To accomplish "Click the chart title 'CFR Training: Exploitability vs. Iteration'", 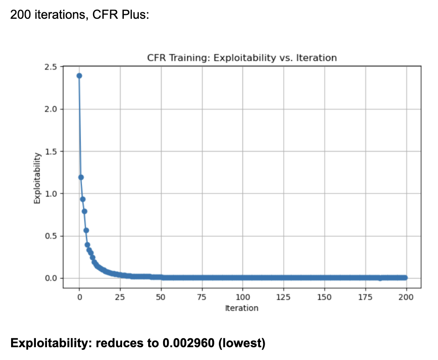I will click(242, 58).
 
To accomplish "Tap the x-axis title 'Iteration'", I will click(242, 308).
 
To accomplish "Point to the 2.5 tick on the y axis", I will click(51, 67).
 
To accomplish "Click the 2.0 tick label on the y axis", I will click(51, 109).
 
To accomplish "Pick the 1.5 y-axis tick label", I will click(51, 151).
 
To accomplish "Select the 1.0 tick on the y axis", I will click(51, 194).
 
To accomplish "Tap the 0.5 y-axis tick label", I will click(51, 236).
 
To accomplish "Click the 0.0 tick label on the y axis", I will click(51, 278).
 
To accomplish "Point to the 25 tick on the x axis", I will click(120, 297).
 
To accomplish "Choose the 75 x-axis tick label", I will click(202, 297).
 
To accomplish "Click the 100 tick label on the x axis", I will click(242, 297).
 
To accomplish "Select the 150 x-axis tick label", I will click(324, 297).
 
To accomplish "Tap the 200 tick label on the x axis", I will click(406, 297).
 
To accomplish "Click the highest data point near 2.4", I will click(79, 75).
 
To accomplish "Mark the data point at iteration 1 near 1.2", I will click(81, 177).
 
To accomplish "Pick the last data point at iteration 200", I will click(405, 278).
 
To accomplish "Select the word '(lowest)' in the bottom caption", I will click(242, 343).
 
